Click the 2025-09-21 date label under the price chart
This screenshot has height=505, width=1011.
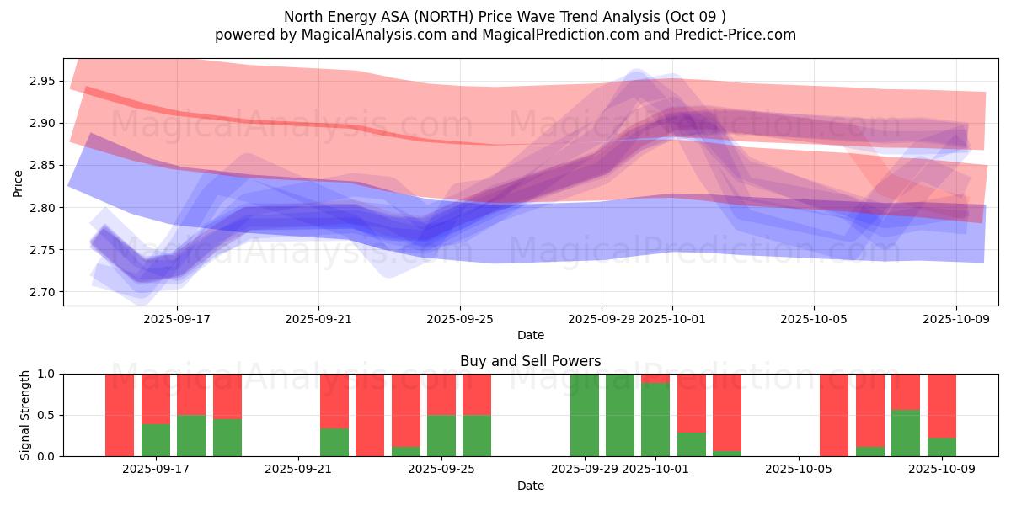pos(318,320)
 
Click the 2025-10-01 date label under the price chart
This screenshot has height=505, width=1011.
pos(672,320)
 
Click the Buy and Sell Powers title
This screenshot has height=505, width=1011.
pos(530,361)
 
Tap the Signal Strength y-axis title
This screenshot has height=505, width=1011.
pos(25,415)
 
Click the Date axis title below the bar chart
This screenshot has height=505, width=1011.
pos(530,486)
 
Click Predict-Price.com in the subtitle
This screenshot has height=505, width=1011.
pos(736,35)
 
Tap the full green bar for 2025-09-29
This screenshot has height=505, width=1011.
pos(584,415)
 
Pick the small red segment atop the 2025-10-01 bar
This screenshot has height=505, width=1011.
pos(655,378)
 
